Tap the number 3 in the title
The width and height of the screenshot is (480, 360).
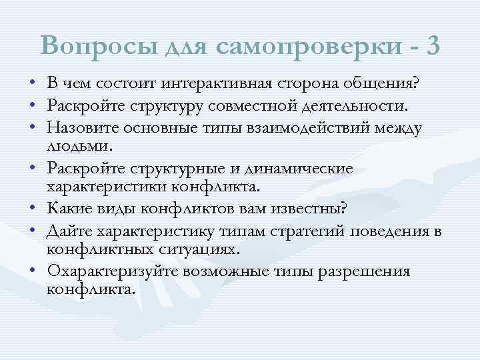click(431, 46)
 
